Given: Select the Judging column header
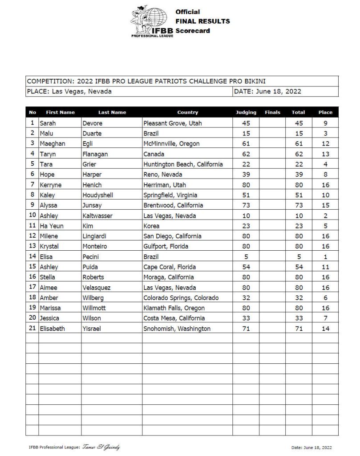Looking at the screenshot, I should tap(246, 113).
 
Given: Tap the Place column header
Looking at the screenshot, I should tap(325, 113).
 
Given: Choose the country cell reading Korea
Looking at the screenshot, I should tap(152, 226).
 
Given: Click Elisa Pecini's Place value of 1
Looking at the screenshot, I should tap(325, 257).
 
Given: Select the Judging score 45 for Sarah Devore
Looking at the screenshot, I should tap(246, 123).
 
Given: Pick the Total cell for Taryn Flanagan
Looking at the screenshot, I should tap(298, 154).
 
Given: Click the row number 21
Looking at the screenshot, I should tap(32, 329).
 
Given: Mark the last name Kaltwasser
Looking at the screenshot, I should tap(101, 216).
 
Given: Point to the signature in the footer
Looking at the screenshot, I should tap(101, 447).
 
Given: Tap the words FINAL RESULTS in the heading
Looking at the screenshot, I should tap(202, 21).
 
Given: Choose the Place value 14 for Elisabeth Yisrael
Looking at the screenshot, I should tap(325, 329).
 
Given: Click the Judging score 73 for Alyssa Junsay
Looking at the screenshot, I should tap(246, 205).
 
